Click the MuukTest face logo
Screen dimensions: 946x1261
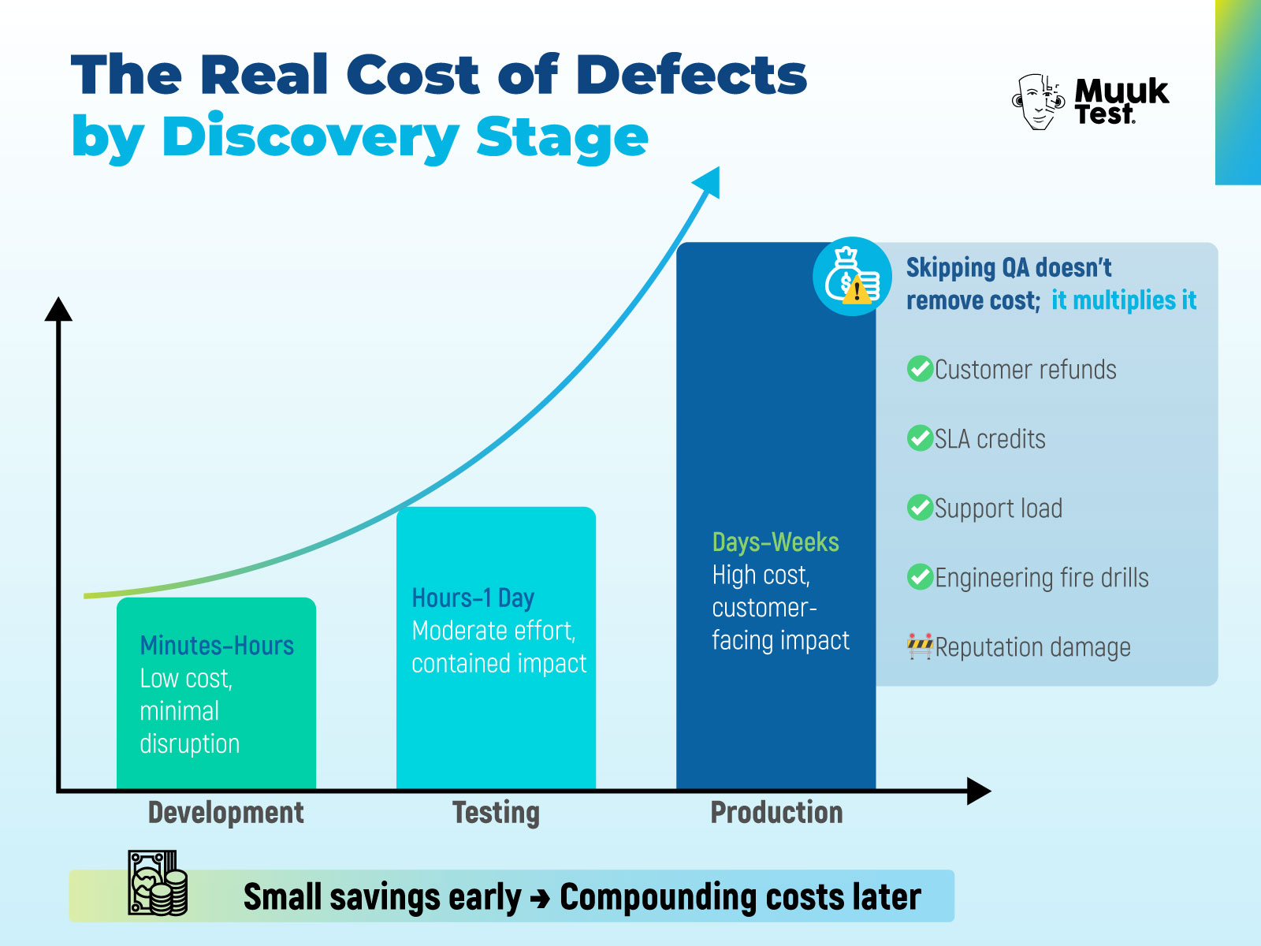tap(1039, 102)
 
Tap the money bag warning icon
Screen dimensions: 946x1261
tap(852, 277)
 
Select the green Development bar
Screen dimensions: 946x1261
tap(216, 694)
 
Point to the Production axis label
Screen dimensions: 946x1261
tap(776, 813)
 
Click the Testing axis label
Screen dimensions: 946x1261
tap(496, 813)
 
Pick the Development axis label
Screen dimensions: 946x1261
tap(225, 813)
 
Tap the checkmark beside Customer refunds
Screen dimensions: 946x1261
tap(920, 369)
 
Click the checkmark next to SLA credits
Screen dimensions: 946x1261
tap(920, 438)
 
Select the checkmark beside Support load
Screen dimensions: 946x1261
tap(920, 508)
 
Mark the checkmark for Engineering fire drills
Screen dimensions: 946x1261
tap(920, 577)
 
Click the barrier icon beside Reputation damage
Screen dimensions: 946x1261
tap(920, 646)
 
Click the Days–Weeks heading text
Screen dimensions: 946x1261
tap(776, 542)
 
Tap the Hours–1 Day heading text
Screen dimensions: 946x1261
tap(473, 598)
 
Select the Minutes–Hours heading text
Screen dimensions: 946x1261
tap(217, 646)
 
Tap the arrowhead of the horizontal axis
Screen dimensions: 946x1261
tap(978, 791)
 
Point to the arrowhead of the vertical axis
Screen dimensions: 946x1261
tap(58, 310)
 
